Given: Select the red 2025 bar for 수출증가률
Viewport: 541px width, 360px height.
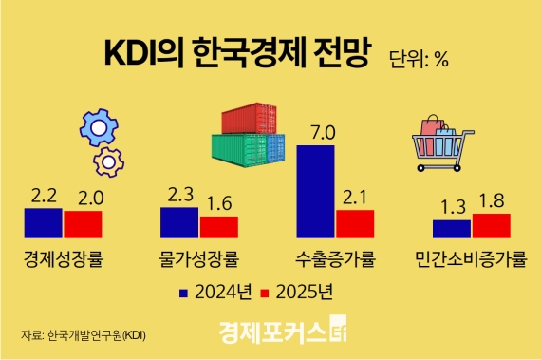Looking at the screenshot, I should click(355, 224).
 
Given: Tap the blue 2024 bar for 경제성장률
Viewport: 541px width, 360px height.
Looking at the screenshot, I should click(43, 223).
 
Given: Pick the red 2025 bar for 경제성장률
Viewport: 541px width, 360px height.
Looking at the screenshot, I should click(83, 224).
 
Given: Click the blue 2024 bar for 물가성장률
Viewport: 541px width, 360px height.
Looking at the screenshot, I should click(179, 223).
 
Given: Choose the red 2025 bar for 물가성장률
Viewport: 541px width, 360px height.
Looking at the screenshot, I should click(219, 227).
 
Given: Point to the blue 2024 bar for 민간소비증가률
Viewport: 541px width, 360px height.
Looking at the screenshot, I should click(451, 229).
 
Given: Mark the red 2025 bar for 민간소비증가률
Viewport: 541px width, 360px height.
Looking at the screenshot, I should click(491, 225).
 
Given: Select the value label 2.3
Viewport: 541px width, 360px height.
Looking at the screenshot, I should click(179, 194).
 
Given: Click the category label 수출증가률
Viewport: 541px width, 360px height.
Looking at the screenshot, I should click(335, 258).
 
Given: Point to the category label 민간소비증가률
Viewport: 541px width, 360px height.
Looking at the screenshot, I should click(470, 258).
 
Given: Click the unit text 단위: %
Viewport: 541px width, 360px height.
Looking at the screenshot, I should click(419, 59).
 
